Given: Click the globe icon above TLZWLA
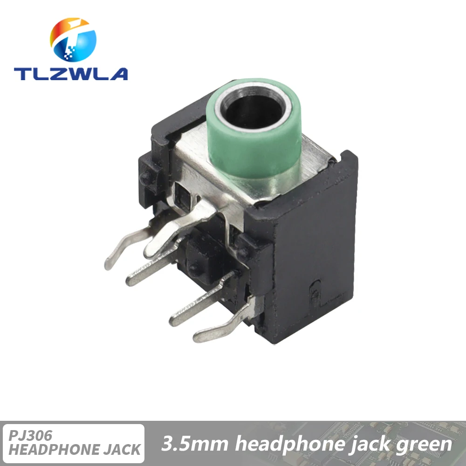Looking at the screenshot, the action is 73,40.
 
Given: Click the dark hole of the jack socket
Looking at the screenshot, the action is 254,110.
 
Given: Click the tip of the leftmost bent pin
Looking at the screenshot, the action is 107,266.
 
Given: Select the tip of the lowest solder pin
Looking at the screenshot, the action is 197,338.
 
